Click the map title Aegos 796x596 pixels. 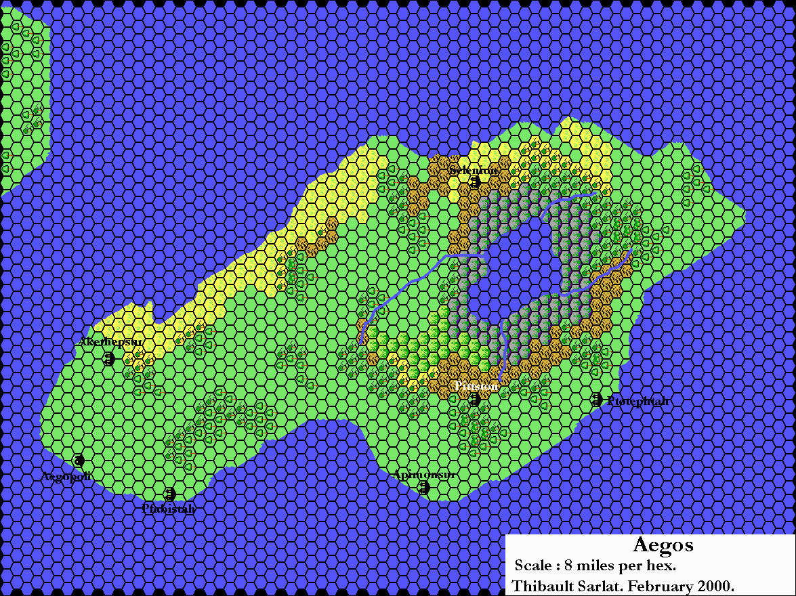pyautogui.click(x=663, y=545)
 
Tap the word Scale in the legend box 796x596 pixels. pyautogui.click(x=533, y=566)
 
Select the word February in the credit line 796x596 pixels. pyautogui.click(x=658, y=585)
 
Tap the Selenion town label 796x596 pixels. pyautogui.click(x=474, y=170)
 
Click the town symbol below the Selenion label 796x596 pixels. pyautogui.click(x=475, y=182)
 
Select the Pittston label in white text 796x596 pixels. pyautogui.click(x=477, y=386)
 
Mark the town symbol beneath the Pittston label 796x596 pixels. pyautogui.click(x=475, y=400)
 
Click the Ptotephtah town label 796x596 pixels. pyautogui.click(x=637, y=401)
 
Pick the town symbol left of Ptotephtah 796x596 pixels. pyautogui.click(x=596, y=400)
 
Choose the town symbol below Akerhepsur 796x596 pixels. pyautogui.click(x=108, y=359)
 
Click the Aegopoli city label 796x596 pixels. pyautogui.click(x=66, y=476)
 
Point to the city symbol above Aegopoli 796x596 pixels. pyautogui.click(x=79, y=461)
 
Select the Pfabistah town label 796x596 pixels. pyautogui.click(x=169, y=508)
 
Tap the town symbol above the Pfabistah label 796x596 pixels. pyautogui.click(x=170, y=494)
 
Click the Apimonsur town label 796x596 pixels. pyautogui.click(x=423, y=475)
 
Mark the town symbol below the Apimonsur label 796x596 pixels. pyautogui.click(x=424, y=487)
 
